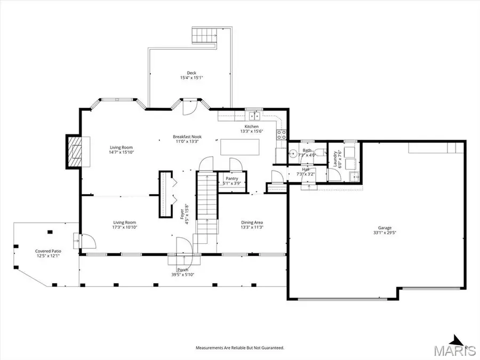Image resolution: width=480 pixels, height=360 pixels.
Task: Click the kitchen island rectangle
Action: (x=241, y=146)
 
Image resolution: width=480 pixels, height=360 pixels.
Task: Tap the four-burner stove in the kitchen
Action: (x=281, y=135)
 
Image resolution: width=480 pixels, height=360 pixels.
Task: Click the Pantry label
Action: (x=232, y=179)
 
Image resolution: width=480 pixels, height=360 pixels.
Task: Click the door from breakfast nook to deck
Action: (x=189, y=108)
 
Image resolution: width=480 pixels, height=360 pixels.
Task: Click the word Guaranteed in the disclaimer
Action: (x=270, y=348)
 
